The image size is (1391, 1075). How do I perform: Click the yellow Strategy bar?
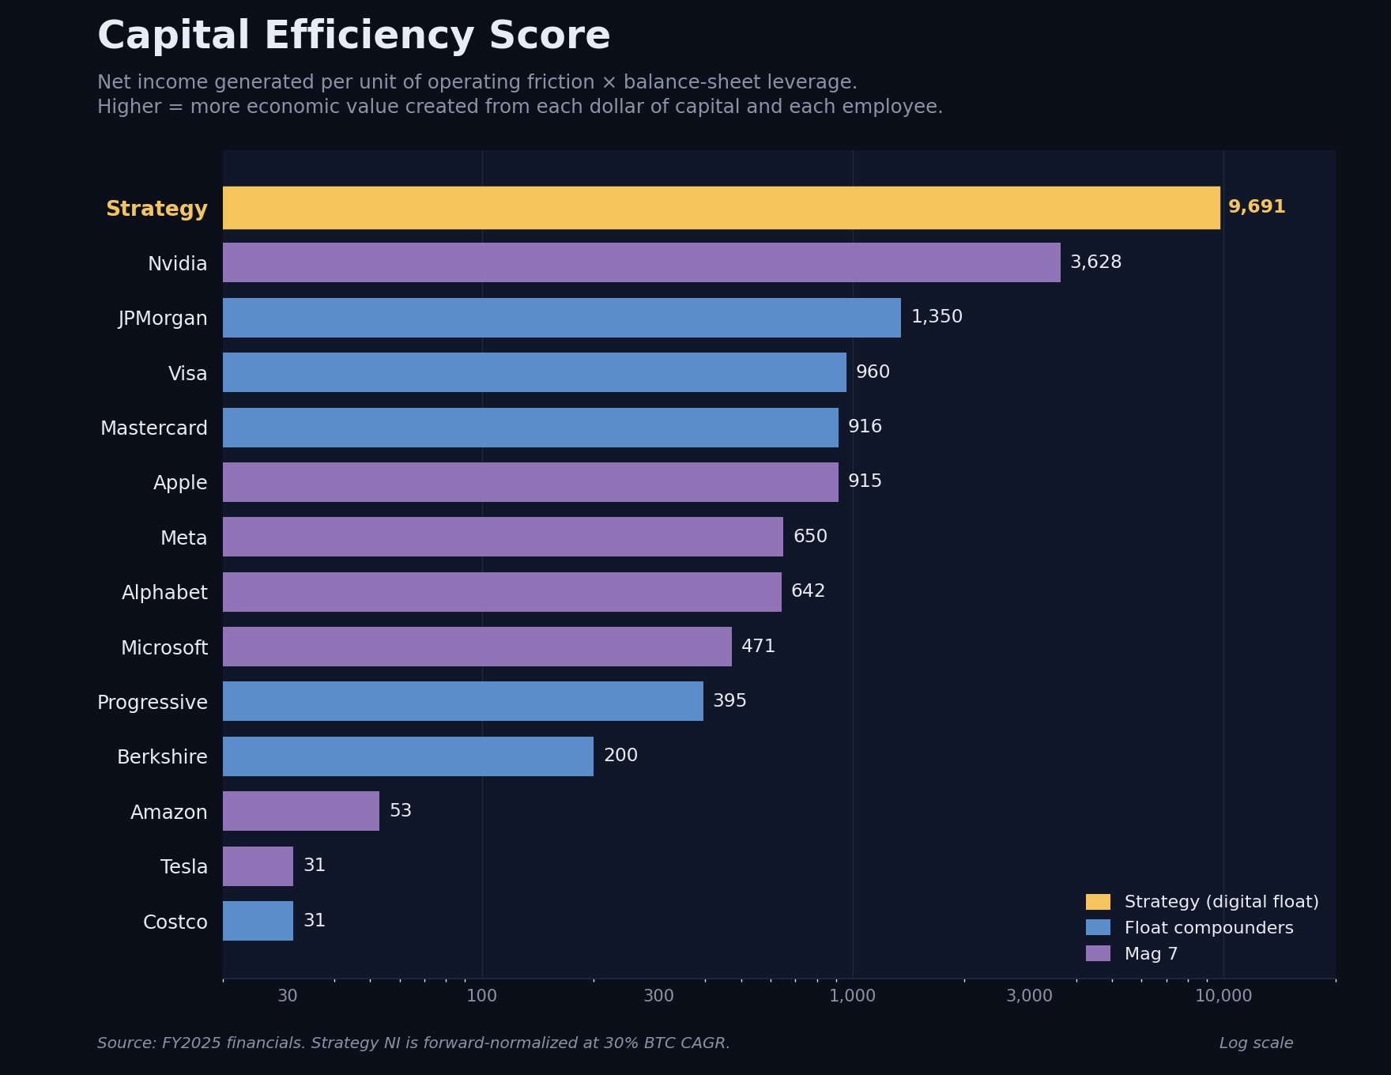coord(721,208)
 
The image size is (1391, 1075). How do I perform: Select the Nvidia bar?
coord(641,262)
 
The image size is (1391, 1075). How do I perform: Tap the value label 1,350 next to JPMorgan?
coord(937,317)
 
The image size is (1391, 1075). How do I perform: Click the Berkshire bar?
coord(408,756)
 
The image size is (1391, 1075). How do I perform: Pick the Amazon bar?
coord(301,811)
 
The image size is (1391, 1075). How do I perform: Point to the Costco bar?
coord(258,921)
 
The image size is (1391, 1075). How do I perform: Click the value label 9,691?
coord(1256,207)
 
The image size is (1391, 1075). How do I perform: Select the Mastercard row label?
coord(154,428)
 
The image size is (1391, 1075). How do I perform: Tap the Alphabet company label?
coord(164,593)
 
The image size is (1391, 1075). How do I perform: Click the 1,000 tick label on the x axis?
coord(852,996)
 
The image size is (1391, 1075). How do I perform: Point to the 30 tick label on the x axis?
coord(287,996)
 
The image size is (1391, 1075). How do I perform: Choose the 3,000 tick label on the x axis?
coord(1029,996)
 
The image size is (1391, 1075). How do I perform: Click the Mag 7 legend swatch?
coord(1098,954)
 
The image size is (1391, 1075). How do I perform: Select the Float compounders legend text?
coord(1208,928)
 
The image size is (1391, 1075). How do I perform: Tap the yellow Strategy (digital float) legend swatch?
coord(1098,902)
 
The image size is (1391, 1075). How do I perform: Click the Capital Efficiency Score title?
coord(353,36)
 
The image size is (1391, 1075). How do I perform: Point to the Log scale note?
coord(1256,1043)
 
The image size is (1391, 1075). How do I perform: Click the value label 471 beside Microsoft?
coord(758,647)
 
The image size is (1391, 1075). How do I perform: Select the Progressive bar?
coord(462,701)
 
